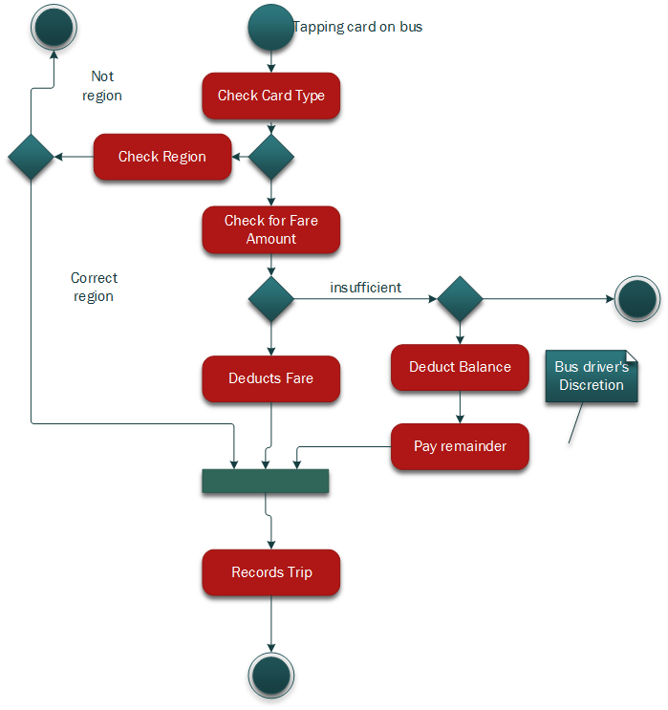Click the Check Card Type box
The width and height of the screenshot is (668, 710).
click(270, 96)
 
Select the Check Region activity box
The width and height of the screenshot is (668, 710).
click(162, 157)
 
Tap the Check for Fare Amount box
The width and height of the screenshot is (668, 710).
click(270, 229)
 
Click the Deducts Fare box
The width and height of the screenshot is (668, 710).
click(270, 378)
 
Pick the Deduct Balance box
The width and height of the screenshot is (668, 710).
click(460, 367)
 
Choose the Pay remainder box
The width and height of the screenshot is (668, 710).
click(460, 446)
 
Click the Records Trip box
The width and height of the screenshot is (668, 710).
click(270, 572)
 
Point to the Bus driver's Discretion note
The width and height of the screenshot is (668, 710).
click(591, 377)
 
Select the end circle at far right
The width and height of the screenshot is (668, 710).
click(636, 300)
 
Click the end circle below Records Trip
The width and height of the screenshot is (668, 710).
click(270, 677)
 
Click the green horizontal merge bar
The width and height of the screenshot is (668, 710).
click(265, 482)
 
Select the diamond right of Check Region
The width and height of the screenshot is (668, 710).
click(270, 157)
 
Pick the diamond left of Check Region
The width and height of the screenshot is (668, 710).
click(32, 157)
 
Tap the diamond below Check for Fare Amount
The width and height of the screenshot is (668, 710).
click(270, 300)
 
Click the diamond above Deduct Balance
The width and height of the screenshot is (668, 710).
click(460, 300)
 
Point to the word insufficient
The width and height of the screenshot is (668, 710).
click(365, 287)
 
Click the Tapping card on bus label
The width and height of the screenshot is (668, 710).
click(358, 27)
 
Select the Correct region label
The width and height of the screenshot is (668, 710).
click(94, 287)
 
